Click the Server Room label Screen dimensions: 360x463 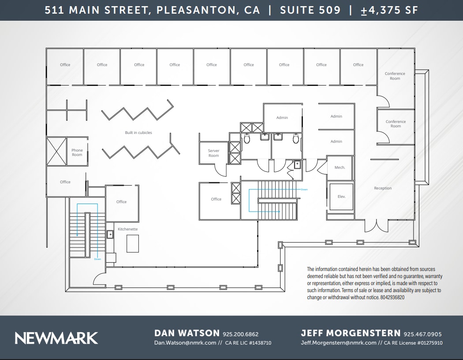click(x=213, y=153)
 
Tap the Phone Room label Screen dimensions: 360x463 click(x=77, y=152)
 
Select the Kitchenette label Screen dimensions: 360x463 click(x=128, y=229)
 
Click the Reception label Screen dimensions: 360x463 click(x=383, y=188)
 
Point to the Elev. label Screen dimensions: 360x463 click(x=341, y=197)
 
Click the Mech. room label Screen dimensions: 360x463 click(x=340, y=167)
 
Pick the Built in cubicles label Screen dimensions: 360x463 click(x=138, y=133)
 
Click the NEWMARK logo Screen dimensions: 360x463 click(x=56, y=338)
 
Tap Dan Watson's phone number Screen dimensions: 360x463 click(x=241, y=334)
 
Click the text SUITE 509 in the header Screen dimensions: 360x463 click(x=310, y=10)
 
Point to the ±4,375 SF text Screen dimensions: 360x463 click(x=389, y=10)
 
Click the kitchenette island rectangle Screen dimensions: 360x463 click(x=133, y=243)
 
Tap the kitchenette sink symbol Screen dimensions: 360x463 click(x=110, y=234)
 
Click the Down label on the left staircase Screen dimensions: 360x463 click(x=97, y=259)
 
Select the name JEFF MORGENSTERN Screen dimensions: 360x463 click(x=351, y=334)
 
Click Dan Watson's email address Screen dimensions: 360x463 click(x=185, y=343)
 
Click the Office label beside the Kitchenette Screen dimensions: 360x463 click(x=121, y=202)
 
